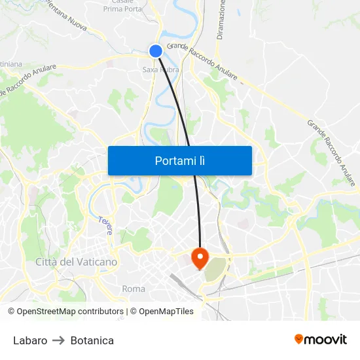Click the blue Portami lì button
click(x=179, y=160)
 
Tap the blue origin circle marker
click(x=156, y=51)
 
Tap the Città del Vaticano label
click(x=77, y=262)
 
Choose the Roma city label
click(x=134, y=289)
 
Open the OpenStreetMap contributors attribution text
click(x=70, y=312)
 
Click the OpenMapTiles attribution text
click(x=166, y=312)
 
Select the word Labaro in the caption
click(x=30, y=340)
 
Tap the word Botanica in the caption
click(x=92, y=340)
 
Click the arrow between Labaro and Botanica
click(x=59, y=340)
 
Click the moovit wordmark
click(x=325, y=339)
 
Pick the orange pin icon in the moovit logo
click(x=299, y=339)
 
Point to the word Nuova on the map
click(x=73, y=25)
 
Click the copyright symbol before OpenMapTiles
click(x=134, y=312)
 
